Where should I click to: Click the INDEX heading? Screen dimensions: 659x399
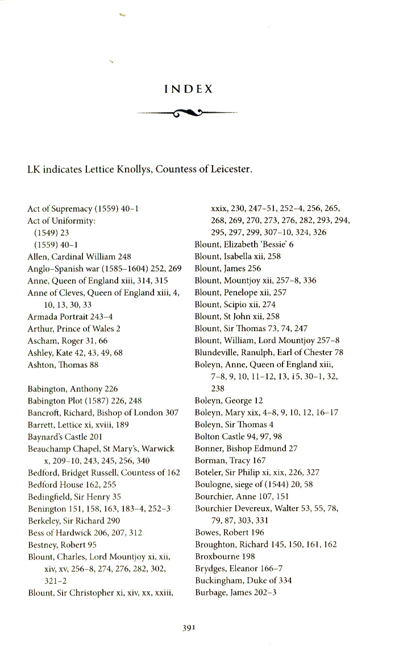pos(188,89)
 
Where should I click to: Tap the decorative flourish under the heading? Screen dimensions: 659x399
pos(188,113)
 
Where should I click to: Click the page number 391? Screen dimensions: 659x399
pos(189,628)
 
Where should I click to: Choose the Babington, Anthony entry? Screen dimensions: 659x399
pos(73,389)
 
